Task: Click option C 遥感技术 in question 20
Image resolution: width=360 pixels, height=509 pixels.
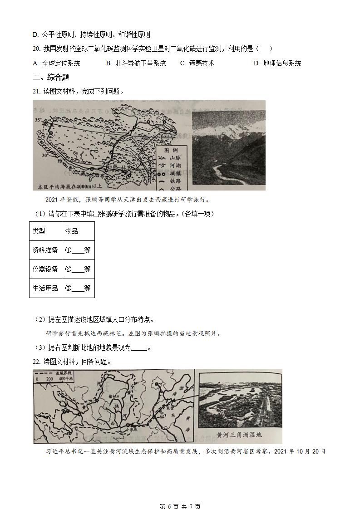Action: click(x=197, y=63)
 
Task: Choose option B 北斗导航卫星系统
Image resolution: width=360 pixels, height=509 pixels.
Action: click(x=136, y=63)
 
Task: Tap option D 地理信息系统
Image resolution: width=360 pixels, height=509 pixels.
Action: click(x=277, y=63)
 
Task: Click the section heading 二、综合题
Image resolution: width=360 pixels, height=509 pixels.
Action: click(x=51, y=77)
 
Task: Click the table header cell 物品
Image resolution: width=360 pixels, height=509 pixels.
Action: click(x=72, y=231)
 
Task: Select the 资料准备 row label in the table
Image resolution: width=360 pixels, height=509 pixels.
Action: click(x=45, y=250)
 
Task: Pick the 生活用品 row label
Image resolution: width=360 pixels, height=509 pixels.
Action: click(x=45, y=288)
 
